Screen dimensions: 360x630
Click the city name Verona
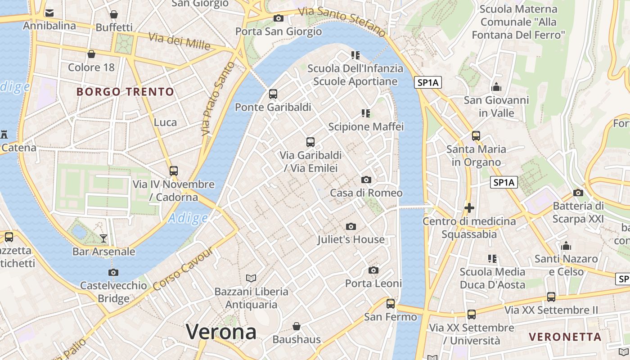click(x=221, y=332)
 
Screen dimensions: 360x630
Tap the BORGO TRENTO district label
click(x=125, y=92)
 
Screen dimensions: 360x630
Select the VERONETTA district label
click(x=565, y=337)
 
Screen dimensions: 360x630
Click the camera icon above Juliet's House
click(x=351, y=226)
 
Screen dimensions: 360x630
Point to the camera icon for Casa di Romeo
click(x=366, y=180)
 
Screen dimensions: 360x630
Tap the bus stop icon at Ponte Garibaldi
click(x=273, y=94)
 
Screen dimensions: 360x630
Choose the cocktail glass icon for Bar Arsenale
click(x=104, y=238)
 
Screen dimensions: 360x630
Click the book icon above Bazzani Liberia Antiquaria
click(x=251, y=278)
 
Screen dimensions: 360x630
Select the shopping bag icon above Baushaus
click(x=297, y=326)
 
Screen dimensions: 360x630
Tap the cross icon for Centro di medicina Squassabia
click(x=469, y=208)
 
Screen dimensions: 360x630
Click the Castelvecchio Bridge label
click(x=113, y=292)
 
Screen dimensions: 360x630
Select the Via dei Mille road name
click(x=179, y=41)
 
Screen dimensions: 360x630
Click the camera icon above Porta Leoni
click(x=373, y=270)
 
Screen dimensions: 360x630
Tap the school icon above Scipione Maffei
click(x=366, y=113)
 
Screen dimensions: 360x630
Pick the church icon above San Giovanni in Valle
click(x=496, y=86)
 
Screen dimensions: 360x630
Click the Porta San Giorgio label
click(x=279, y=31)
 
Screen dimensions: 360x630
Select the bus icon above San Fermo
click(x=391, y=304)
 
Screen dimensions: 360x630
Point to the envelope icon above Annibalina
click(x=49, y=13)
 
